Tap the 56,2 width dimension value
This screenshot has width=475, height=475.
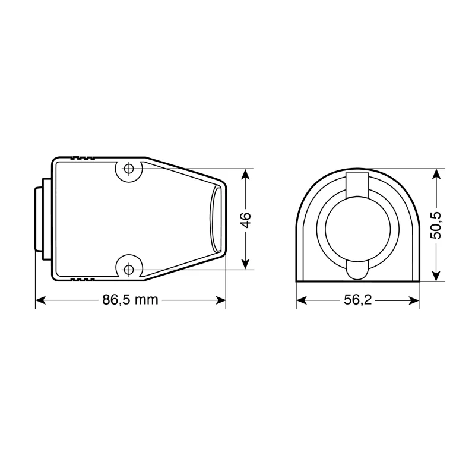coord(357,300)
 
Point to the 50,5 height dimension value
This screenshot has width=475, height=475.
coord(438,224)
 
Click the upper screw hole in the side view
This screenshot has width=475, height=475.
coord(128,169)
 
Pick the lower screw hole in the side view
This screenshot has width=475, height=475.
coord(128,270)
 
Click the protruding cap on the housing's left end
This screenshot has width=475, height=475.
coord(38,219)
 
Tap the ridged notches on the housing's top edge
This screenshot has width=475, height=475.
coord(81,159)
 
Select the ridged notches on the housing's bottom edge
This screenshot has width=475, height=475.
coord(81,279)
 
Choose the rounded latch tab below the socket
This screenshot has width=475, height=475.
coord(357,270)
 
